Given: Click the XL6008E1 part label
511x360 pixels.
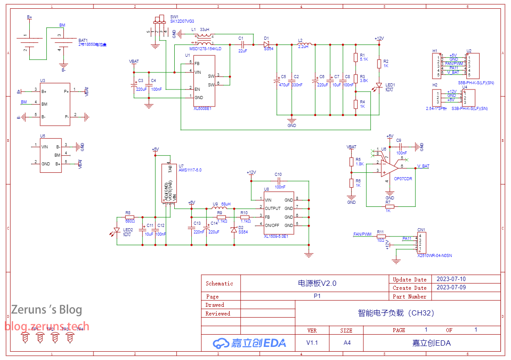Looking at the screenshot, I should point(202,109).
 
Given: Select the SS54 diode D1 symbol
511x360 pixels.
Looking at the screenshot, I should point(266,44).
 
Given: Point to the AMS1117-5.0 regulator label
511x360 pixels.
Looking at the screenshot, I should point(190,170).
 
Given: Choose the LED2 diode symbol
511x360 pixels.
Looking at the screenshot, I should point(117,230).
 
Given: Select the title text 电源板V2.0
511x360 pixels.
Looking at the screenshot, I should point(317,283).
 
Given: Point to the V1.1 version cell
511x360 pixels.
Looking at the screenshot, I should point(312,343).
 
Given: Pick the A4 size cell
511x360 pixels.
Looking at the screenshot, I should point(347,343).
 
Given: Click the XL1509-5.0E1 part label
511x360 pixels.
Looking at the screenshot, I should point(276,237).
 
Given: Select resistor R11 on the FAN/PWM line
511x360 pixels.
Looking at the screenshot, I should point(380,236).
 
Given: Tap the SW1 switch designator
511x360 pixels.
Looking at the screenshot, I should point(174,17).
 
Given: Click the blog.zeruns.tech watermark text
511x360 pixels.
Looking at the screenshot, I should point(47,326).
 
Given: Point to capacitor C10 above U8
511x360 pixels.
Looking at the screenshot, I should point(278,180).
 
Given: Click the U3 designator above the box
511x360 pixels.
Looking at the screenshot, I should point(42,81).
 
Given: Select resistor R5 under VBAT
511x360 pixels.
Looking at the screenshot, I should point(351,162).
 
